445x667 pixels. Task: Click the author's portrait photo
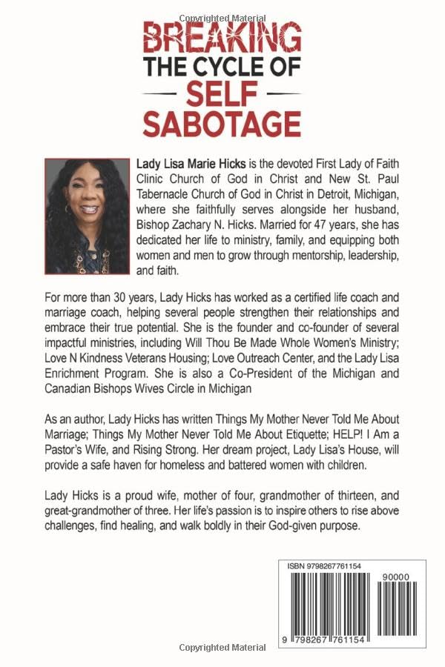click(87, 215)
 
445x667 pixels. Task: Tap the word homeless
click(207, 468)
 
